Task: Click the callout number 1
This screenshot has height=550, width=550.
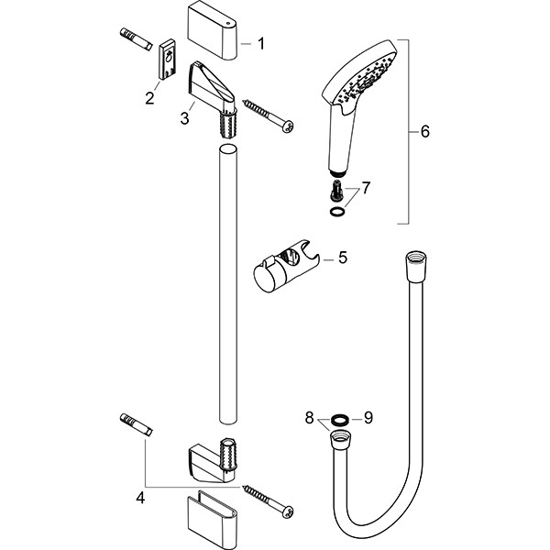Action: (x=260, y=42)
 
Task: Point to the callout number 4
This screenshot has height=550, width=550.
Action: (x=140, y=498)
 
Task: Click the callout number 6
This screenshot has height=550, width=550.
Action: (x=423, y=132)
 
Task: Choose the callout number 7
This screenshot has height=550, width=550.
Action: (x=366, y=188)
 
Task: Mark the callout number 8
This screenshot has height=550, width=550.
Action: (x=309, y=419)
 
